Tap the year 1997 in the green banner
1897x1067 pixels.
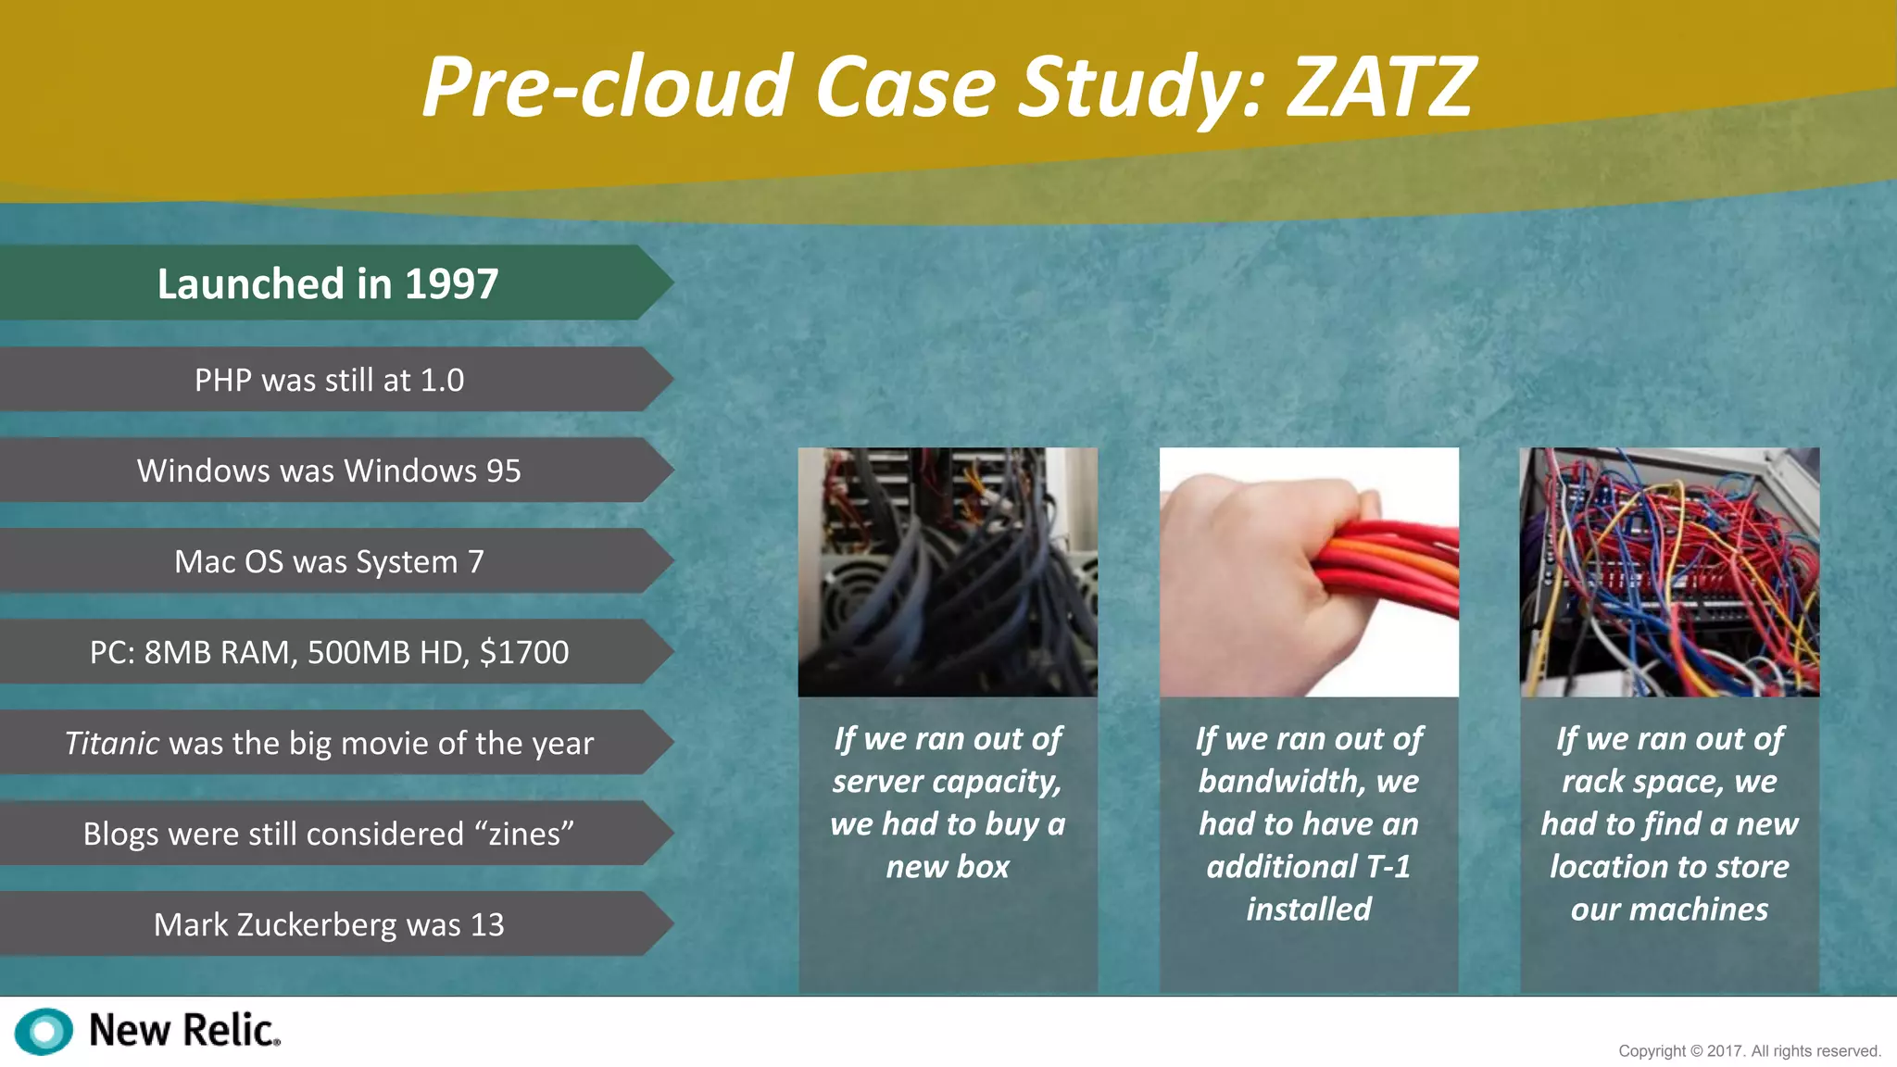[x=451, y=283]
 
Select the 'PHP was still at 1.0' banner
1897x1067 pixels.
[x=329, y=380]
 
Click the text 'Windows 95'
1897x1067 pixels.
[x=432, y=471]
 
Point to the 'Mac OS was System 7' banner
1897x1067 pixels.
[x=329, y=561]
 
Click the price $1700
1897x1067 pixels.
[x=523, y=652]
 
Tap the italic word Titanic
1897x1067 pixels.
[x=111, y=743]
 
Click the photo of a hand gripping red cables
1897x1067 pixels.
[x=1308, y=571]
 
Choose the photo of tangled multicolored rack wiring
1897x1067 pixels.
[x=1669, y=571]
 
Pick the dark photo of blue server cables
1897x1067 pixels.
[x=948, y=571]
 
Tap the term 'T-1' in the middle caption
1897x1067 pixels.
[x=1388, y=866]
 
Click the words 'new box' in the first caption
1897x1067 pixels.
[x=948, y=866]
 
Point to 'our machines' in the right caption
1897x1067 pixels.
[x=1669, y=909]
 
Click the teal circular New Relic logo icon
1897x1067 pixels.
[x=44, y=1031]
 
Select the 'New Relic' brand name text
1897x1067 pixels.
[x=183, y=1030]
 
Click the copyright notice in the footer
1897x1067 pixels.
[x=1749, y=1051]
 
